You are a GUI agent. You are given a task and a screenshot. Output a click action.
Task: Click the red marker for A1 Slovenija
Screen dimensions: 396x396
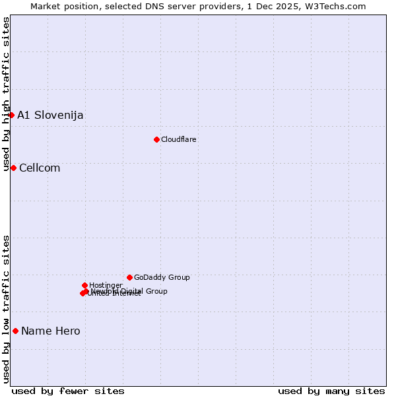pyautogui.click(x=11, y=115)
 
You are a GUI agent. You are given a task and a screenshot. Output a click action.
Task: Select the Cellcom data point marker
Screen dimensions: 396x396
pyautogui.click(x=13, y=168)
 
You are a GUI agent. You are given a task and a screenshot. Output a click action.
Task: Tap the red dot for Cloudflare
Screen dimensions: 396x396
pyautogui.click(x=156, y=139)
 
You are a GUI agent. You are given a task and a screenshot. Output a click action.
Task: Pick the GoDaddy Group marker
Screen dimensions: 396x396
pyautogui.click(x=129, y=277)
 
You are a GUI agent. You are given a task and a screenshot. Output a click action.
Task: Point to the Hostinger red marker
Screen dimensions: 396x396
pyautogui.click(x=84, y=285)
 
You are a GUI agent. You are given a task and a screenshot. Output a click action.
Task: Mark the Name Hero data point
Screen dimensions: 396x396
pyautogui.click(x=15, y=331)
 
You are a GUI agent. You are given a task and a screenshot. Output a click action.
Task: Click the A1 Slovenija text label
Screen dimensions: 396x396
pyautogui.click(x=50, y=115)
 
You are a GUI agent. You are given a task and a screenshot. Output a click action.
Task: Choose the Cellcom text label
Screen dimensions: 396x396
pyautogui.click(x=40, y=168)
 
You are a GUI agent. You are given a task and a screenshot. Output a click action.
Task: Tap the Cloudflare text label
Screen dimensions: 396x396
pyautogui.click(x=179, y=139)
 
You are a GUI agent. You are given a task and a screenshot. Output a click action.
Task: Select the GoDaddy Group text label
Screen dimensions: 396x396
pyautogui.click(x=162, y=277)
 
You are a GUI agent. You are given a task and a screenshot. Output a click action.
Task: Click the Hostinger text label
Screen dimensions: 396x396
pyautogui.click(x=106, y=285)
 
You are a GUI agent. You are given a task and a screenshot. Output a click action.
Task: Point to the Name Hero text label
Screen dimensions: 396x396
pyautogui.click(x=51, y=331)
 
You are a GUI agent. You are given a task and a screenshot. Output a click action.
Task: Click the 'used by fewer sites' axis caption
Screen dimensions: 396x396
pyautogui.click(x=68, y=391)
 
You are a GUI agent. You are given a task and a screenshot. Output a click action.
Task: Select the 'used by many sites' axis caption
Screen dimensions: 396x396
pyautogui.click(x=331, y=391)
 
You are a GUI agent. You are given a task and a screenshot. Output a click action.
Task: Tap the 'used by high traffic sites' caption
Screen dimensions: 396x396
pyautogui.click(x=6, y=94)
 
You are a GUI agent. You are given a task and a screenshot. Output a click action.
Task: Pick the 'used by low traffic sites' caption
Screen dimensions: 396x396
pyautogui.click(x=6, y=309)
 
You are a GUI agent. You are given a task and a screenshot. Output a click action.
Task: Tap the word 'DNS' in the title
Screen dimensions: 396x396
pyautogui.click(x=146, y=6)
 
